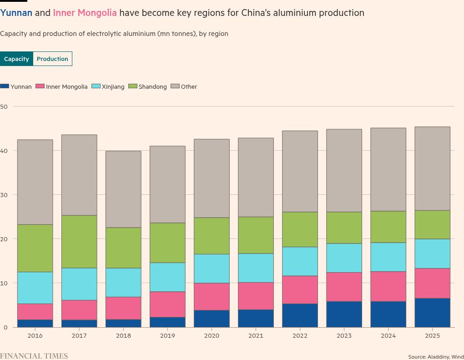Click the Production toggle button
click(52, 59)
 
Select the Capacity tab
click(16, 59)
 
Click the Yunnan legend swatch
click(5, 86)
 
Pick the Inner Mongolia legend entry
click(62, 86)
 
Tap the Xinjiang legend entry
click(108, 86)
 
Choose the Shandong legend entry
click(148, 86)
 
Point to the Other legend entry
click(184, 86)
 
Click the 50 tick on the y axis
click(4, 106)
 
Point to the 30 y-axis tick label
click(4, 195)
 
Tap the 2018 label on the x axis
click(123, 335)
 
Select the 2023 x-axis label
click(344, 335)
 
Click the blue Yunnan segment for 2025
click(432, 313)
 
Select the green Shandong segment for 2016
click(35, 248)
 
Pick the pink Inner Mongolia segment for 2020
click(212, 297)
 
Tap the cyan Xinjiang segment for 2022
click(300, 261)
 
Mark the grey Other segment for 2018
click(123, 189)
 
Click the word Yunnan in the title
click(16, 13)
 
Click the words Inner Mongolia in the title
click(85, 13)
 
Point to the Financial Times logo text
click(34, 356)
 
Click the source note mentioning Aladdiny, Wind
click(436, 357)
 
